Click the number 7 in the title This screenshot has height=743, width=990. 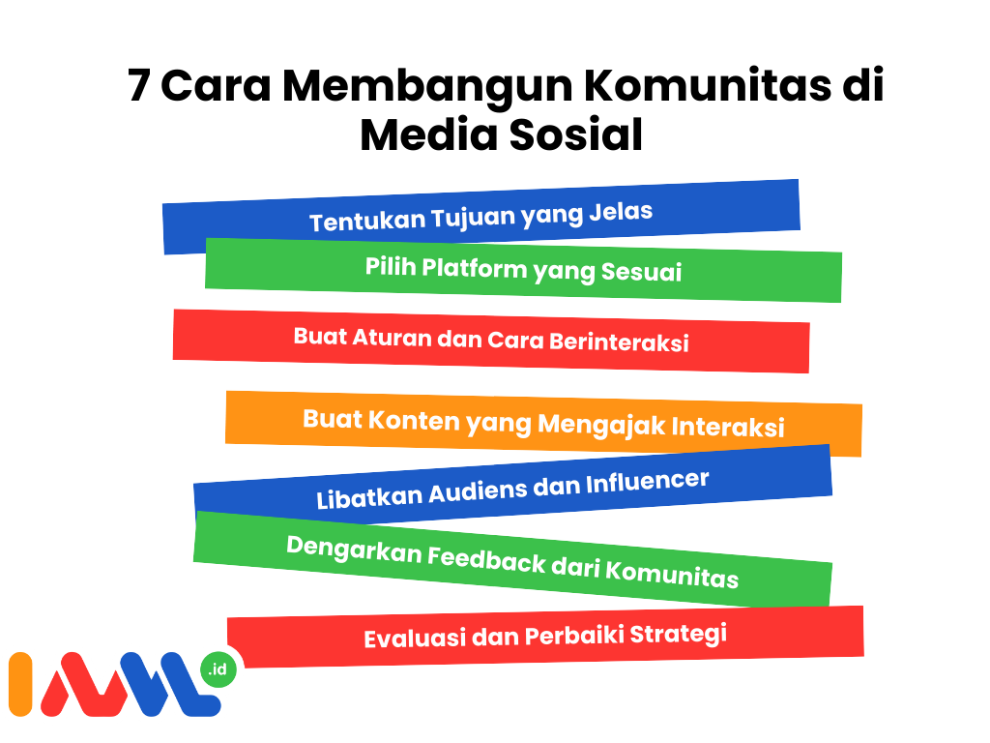pyautogui.click(x=138, y=85)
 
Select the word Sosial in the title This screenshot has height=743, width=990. pyautogui.click(x=576, y=134)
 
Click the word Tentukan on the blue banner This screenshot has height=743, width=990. pyautogui.click(x=367, y=222)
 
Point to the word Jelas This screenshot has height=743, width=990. pyautogui.click(x=621, y=211)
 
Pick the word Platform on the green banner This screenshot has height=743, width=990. pyautogui.click(x=474, y=269)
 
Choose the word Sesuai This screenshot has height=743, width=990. pyautogui.click(x=642, y=272)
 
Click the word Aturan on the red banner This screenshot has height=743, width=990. pyautogui.click(x=392, y=338)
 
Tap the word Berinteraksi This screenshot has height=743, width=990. pyautogui.click(x=619, y=342)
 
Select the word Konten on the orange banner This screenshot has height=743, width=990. pyautogui.click(x=414, y=420)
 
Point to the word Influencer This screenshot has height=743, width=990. pyautogui.click(x=648, y=482)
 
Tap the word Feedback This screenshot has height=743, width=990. pyautogui.click(x=487, y=560)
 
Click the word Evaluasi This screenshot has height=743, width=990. pyautogui.click(x=415, y=639)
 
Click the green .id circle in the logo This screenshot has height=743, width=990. pyautogui.click(x=218, y=669)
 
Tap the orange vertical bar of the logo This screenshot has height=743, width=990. pyautogui.click(x=20, y=684)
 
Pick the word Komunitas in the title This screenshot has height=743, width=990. pyautogui.click(x=707, y=85)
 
